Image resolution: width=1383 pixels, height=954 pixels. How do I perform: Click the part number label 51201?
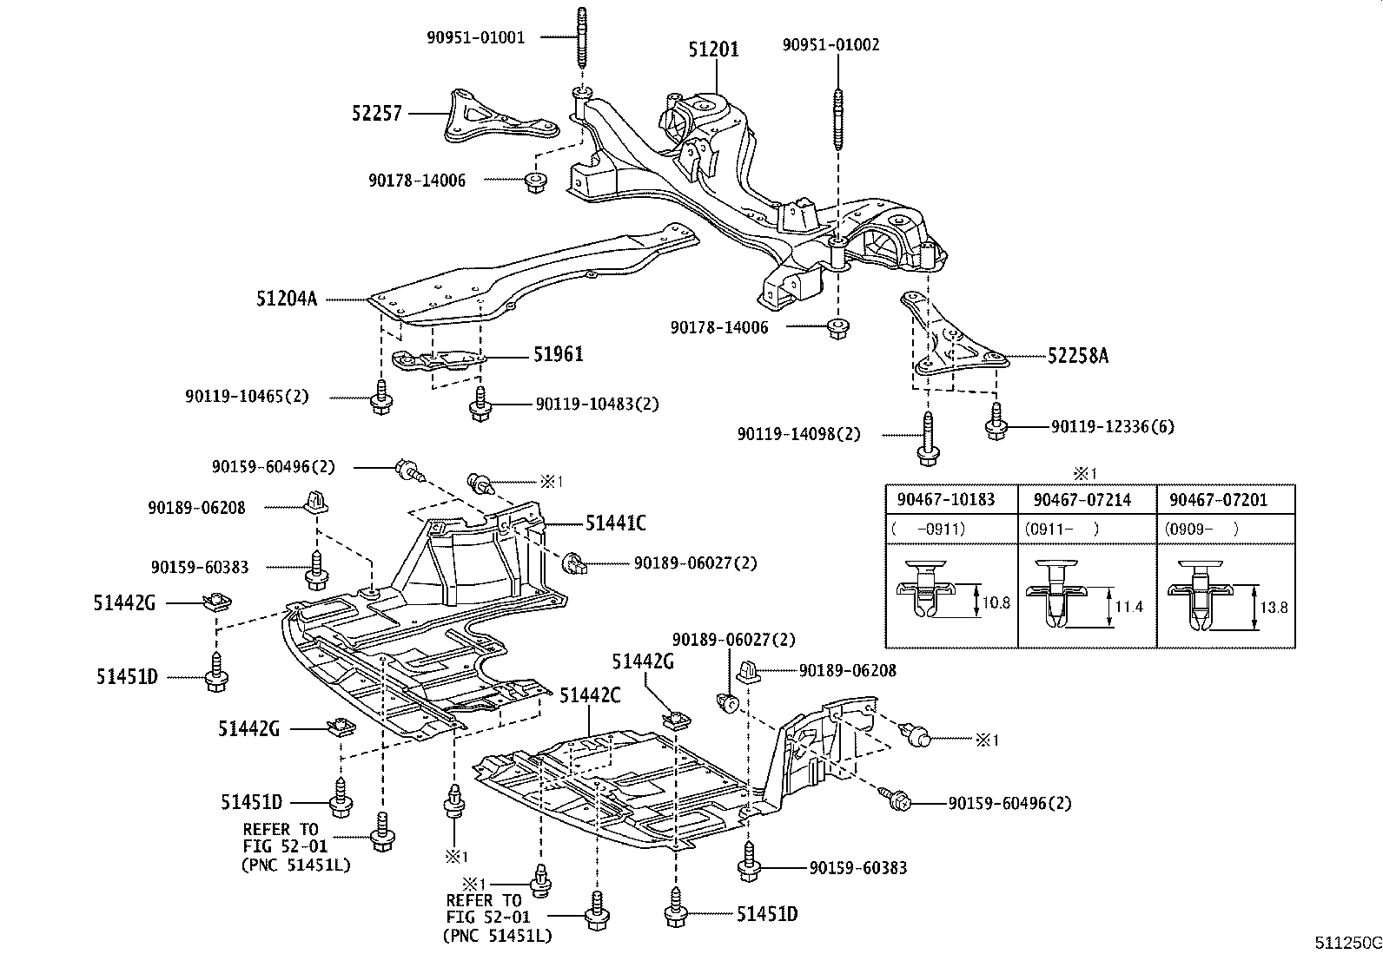click(x=713, y=50)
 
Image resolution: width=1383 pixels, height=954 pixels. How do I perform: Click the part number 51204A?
click(x=287, y=299)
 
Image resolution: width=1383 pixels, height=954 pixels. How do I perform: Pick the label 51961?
click(x=558, y=353)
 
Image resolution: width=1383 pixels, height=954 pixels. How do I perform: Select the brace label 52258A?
click(x=1077, y=356)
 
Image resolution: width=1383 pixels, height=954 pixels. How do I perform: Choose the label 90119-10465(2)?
click(x=246, y=396)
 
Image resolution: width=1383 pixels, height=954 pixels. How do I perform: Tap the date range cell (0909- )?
click(x=1203, y=528)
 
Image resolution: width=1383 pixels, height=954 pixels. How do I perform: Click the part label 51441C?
click(x=615, y=523)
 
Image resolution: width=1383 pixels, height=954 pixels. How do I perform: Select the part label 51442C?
click(x=590, y=694)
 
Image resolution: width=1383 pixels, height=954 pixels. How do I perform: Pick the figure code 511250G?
click(x=1347, y=943)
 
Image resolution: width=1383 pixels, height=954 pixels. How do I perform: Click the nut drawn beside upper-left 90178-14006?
click(x=535, y=181)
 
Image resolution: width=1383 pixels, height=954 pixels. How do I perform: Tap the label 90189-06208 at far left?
click(x=196, y=507)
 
